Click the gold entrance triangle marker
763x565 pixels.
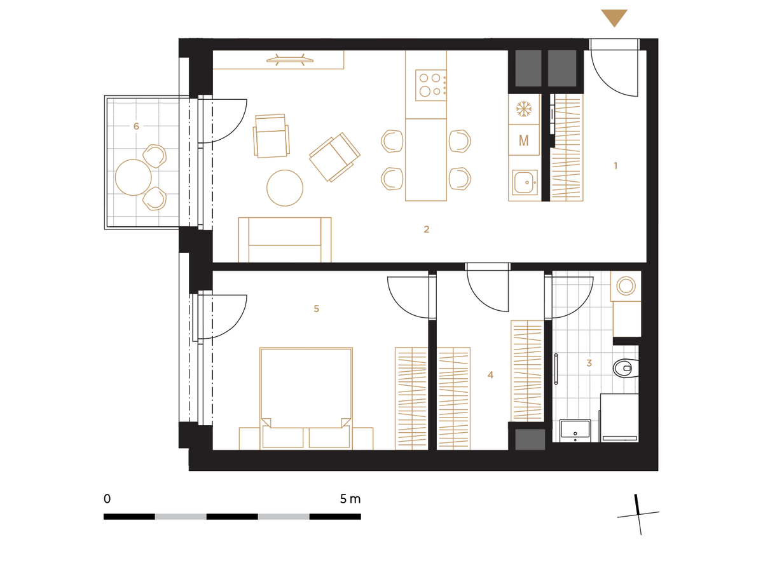click(614, 17)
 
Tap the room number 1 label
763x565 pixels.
click(615, 166)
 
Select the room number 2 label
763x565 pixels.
click(426, 229)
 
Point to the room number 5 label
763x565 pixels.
click(316, 308)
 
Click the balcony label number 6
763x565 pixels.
click(136, 126)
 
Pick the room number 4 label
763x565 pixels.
click(490, 374)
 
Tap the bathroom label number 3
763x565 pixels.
click(589, 363)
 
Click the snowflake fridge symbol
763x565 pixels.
click(523, 109)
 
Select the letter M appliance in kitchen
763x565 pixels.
click(523, 140)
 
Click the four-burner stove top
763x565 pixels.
click(430, 85)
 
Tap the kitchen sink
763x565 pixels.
click(525, 182)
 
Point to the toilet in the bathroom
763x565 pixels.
click(626, 368)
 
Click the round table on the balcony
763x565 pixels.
click(133, 177)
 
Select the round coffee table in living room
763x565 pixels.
click(284, 187)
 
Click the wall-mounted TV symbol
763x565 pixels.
click(290, 60)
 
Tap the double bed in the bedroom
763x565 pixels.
click(306, 398)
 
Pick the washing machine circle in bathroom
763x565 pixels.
click(626, 286)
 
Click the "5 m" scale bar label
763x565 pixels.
click(350, 499)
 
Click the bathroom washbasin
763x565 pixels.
click(575, 430)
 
